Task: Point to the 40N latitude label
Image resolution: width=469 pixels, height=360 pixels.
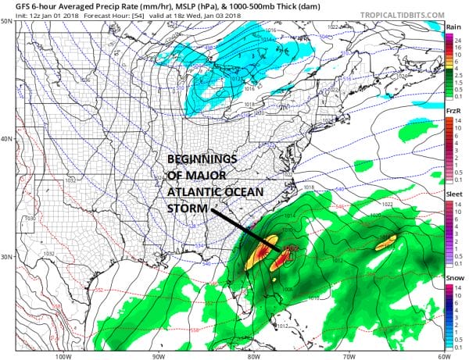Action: coord(7,139)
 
